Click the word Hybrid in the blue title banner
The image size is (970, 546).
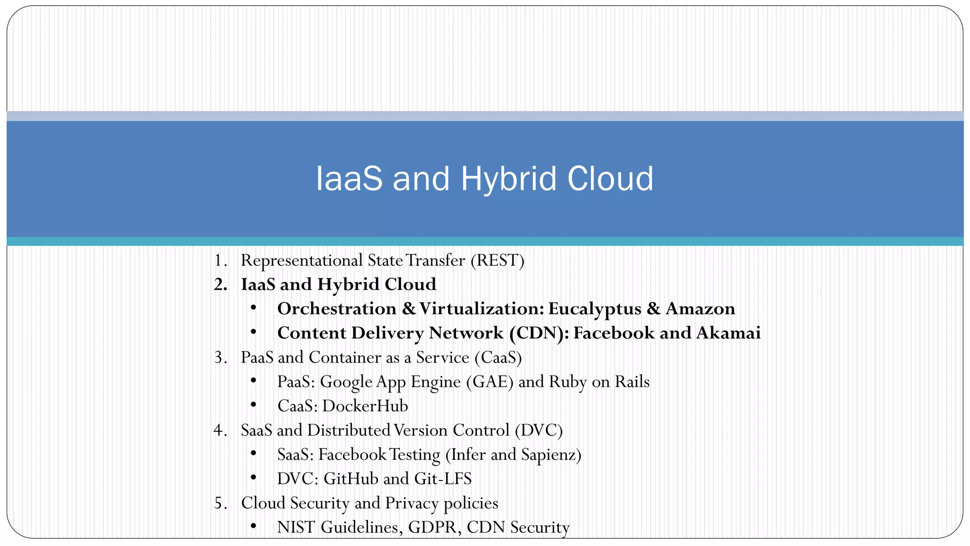[508, 179]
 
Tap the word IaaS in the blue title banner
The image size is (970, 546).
[349, 179]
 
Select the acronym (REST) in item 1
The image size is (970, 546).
[497, 260]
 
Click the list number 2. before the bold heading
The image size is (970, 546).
[221, 284]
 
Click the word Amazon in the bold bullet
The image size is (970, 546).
[700, 309]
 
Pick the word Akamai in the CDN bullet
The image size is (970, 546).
[728, 333]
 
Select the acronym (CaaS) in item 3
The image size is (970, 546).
[497, 357]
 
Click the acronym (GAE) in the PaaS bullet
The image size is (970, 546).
[489, 382]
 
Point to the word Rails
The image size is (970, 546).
[632, 382]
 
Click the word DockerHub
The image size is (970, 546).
[365, 406]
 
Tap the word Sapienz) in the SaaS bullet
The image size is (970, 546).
[551, 455]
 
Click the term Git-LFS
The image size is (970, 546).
[443, 479]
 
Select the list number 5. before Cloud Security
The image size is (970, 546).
[221, 503]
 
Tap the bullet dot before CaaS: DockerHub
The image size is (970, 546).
[254, 405]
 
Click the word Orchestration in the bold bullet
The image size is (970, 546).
[337, 309]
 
